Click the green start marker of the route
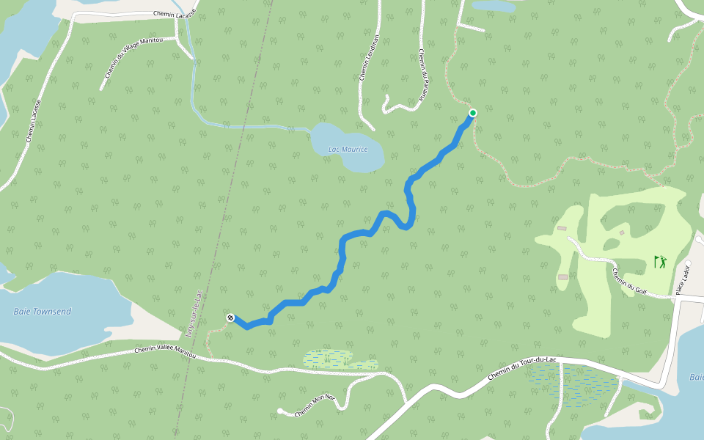(473, 112)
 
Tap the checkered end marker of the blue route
(230, 318)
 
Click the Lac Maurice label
(348, 150)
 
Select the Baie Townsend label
(43, 312)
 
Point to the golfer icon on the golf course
(660, 261)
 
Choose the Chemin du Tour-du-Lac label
(523, 367)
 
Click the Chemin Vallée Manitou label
(166, 351)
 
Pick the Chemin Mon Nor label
(315, 406)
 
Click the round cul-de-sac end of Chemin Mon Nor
(281, 411)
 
